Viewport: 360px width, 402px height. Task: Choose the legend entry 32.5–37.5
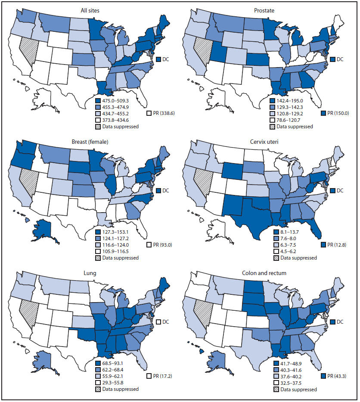coord(293,383)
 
